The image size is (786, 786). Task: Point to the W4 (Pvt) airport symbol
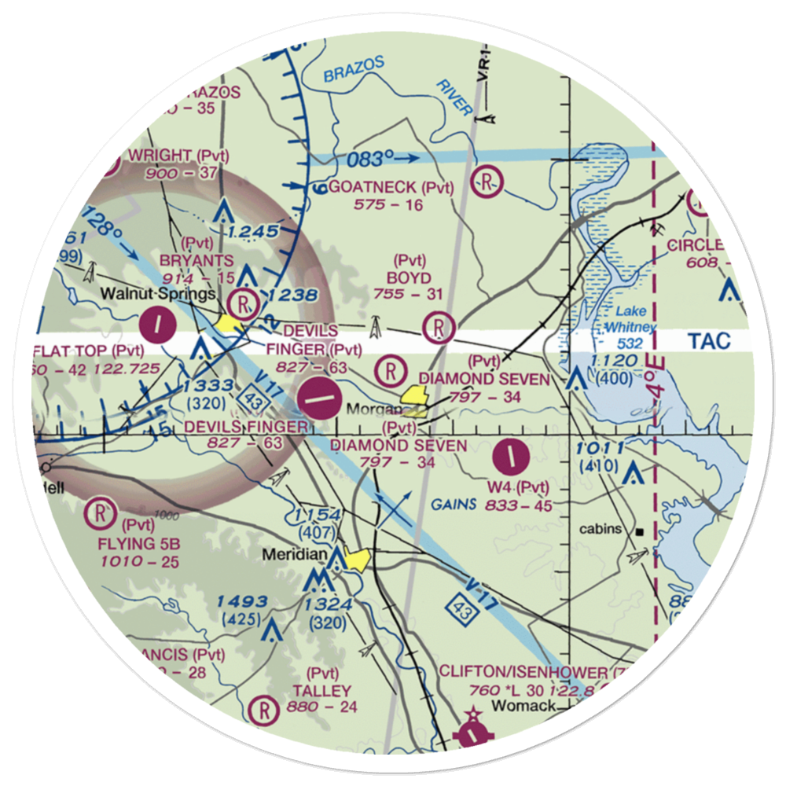click(x=512, y=455)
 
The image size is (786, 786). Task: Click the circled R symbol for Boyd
click(x=439, y=327)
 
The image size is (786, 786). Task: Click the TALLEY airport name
click(x=321, y=691)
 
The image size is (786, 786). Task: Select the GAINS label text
click(x=454, y=505)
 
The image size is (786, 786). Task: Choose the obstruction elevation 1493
click(x=243, y=602)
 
